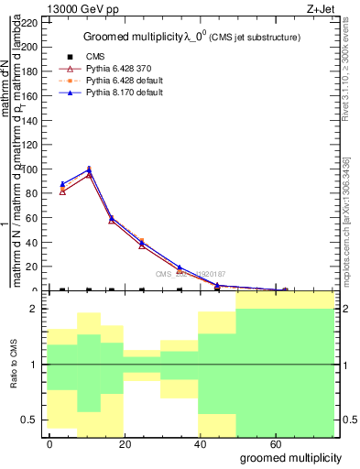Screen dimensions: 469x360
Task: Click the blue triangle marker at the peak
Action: point(89,169)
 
